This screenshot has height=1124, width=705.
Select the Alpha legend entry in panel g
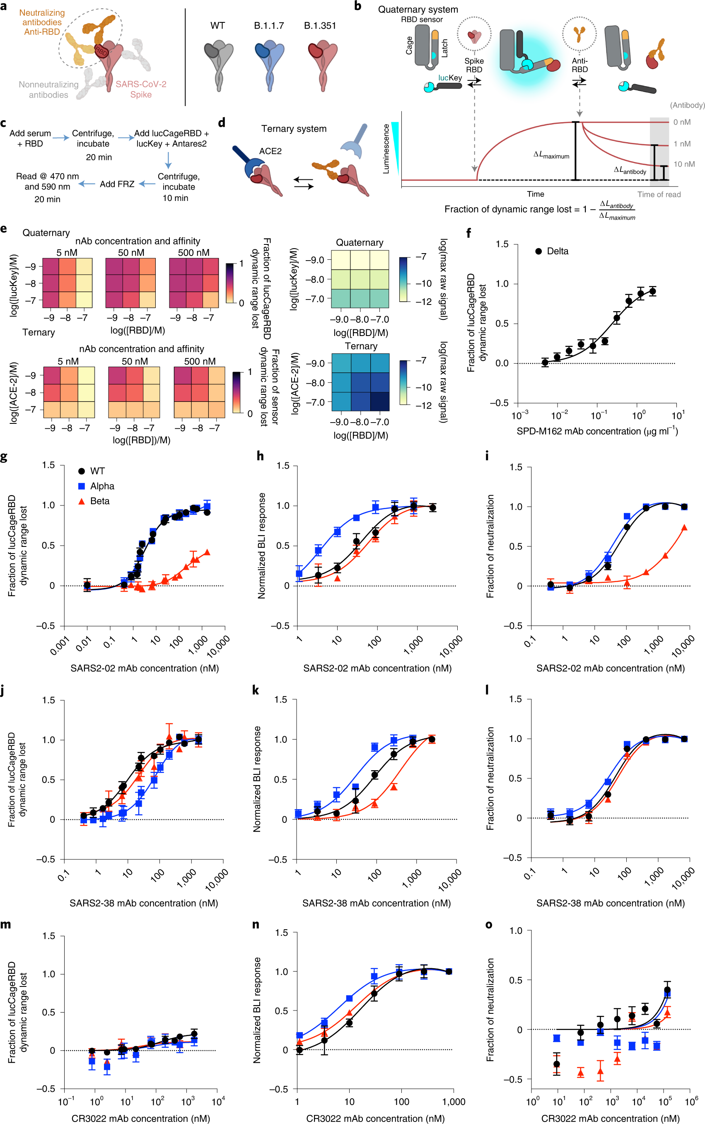coord(101,486)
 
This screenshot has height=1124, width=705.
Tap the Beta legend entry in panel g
coord(99,501)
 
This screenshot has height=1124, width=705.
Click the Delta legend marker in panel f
coord(538,251)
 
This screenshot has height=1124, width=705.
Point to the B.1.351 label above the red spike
coord(320,26)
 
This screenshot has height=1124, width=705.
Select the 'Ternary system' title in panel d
coord(294,129)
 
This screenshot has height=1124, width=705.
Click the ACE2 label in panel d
coord(270,151)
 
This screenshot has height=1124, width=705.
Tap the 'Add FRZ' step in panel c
coord(117,184)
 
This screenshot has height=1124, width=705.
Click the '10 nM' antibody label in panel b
coord(683,164)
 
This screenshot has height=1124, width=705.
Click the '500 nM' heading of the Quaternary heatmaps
coord(193,252)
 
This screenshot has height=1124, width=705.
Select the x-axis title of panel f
coord(597,431)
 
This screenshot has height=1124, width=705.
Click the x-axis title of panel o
coord(610,1118)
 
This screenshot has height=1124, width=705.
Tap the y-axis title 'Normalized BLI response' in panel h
coord(261,546)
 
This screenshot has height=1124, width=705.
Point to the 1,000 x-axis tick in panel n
coord(453,1102)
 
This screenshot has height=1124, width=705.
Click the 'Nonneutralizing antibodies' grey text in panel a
coord(48,89)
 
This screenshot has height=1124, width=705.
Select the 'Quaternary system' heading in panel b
coord(418,10)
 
